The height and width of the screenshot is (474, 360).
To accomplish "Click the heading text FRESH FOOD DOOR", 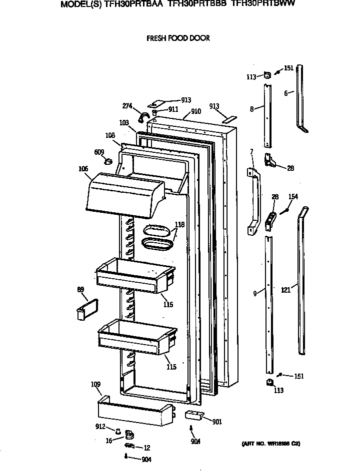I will coord(177,38).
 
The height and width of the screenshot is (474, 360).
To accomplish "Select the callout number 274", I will coord(127,105).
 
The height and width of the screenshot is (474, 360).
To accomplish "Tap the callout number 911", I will coord(173,109).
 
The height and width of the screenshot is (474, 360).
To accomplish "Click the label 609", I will coord(99,152).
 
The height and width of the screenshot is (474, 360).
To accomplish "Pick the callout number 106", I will coord(82,168).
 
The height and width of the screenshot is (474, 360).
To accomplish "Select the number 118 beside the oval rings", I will coord(179,225).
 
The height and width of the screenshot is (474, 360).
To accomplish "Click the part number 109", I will coord(95,384).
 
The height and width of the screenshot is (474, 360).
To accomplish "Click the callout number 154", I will coord(293,197).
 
